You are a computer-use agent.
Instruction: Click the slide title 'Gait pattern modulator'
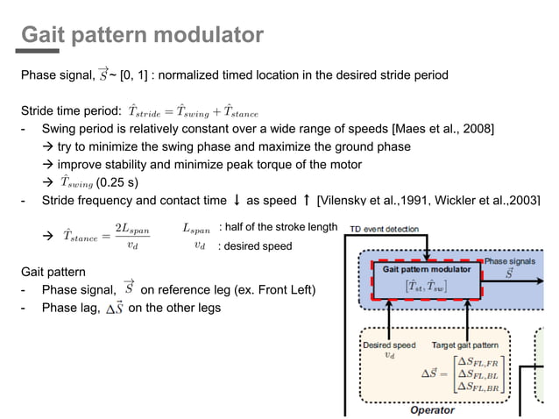142,35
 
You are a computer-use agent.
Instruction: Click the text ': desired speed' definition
255,246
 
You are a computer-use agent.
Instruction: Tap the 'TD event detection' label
385,229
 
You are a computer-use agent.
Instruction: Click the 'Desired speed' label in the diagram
389,345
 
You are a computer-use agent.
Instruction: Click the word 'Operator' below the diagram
433,409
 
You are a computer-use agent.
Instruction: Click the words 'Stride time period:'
71,111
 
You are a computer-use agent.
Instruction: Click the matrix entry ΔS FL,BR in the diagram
475,386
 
